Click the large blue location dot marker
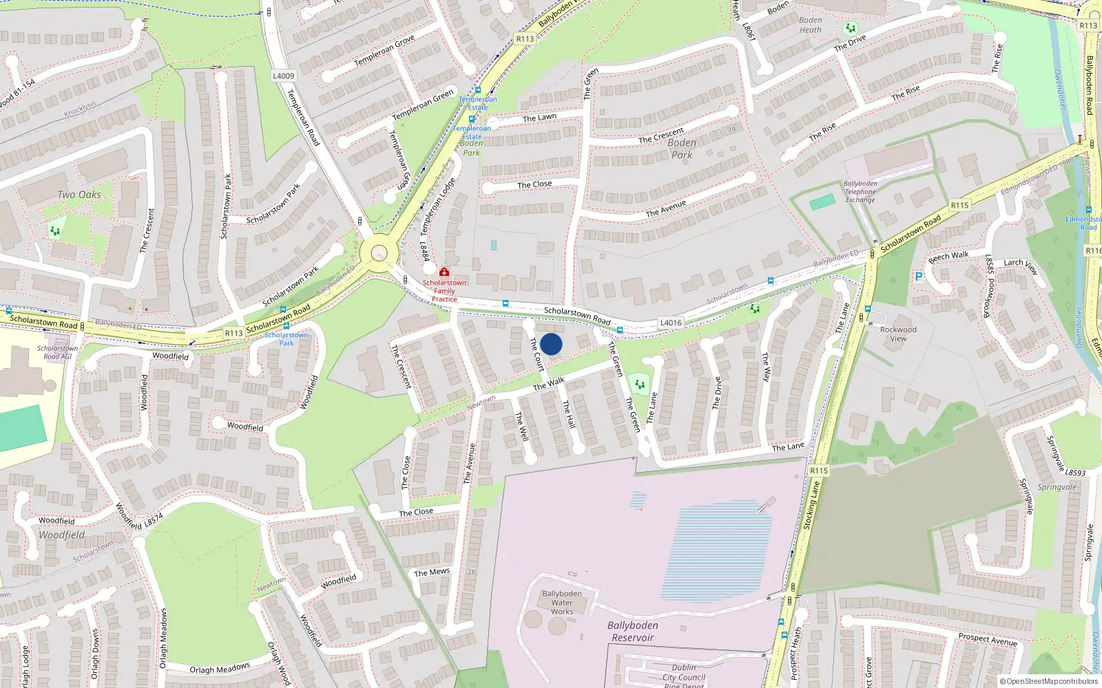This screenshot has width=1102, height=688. coord(551,344)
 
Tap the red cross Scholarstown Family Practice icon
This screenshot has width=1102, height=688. coord(444,272)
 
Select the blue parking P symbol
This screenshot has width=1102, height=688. coord(918,277)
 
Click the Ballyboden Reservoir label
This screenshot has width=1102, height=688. coord(632,631)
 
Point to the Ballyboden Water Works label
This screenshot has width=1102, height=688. coord(561,603)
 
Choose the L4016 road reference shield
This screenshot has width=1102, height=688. coord(671,322)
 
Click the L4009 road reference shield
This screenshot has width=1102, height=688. coord(283,76)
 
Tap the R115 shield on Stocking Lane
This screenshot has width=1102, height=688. coord(818,471)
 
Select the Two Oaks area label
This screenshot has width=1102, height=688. coord(79,195)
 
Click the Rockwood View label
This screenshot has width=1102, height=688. coord(898,334)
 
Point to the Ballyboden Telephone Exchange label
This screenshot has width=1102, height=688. coord(860,192)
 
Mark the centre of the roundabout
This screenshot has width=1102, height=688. coord(379,253)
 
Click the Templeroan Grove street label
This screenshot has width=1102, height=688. coord(384,51)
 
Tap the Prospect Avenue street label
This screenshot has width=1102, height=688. coord(988,639)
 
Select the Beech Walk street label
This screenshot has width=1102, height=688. coord(948,257)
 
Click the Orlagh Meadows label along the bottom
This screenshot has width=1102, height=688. coord(220,669)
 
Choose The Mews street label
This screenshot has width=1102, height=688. coord(432,572)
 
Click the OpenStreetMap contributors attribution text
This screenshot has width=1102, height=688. coord(1049,681)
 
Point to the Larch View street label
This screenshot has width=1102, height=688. coord(1020,266)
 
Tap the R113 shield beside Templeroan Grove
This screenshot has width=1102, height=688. coord(525,39)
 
